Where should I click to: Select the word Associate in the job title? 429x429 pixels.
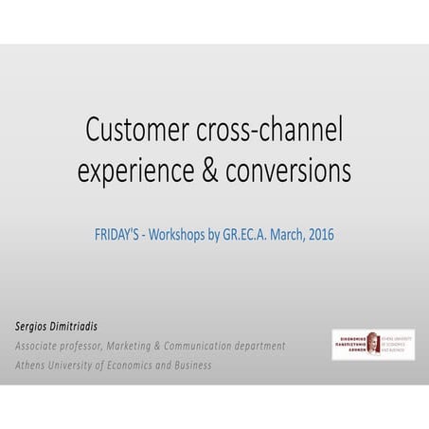coord(43,346)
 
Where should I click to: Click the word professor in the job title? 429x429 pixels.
coord(106,347)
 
